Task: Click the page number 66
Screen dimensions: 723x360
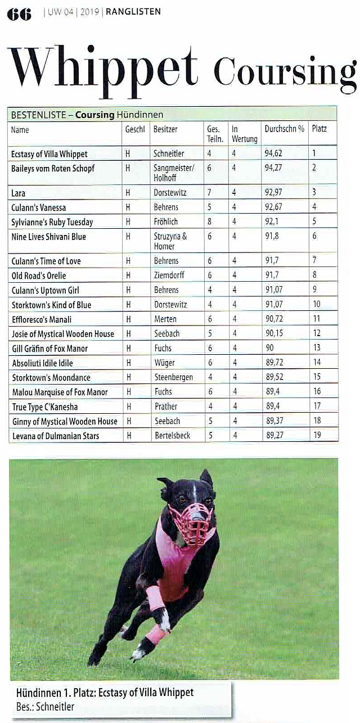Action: pos(19,13)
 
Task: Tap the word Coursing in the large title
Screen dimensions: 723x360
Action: pos(285,73)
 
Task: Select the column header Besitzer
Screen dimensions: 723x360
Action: pos(165,129)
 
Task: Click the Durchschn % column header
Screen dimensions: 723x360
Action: pos(284,129)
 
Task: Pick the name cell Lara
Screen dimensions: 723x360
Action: pos(18,193)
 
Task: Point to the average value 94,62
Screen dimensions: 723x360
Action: pos(273,153)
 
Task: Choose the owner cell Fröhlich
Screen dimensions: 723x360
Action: pos(166,222)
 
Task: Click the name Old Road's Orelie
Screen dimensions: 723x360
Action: pos(39,275)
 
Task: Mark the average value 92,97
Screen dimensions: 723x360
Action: pos(273,193)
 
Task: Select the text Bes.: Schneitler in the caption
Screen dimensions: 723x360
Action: pos(46,707)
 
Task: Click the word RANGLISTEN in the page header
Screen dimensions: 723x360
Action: pos(133,11)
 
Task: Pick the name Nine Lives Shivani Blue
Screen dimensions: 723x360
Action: pos(48,237)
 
